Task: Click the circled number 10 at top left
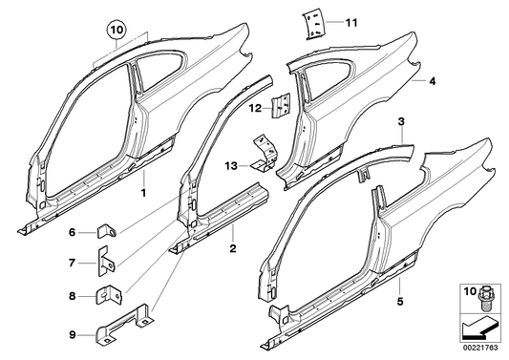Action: (x=117, y=30)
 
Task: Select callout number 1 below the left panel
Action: (x=144, y=192)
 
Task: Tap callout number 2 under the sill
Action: (x=232, y=248)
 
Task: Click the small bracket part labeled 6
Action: (x=109, y=230)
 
